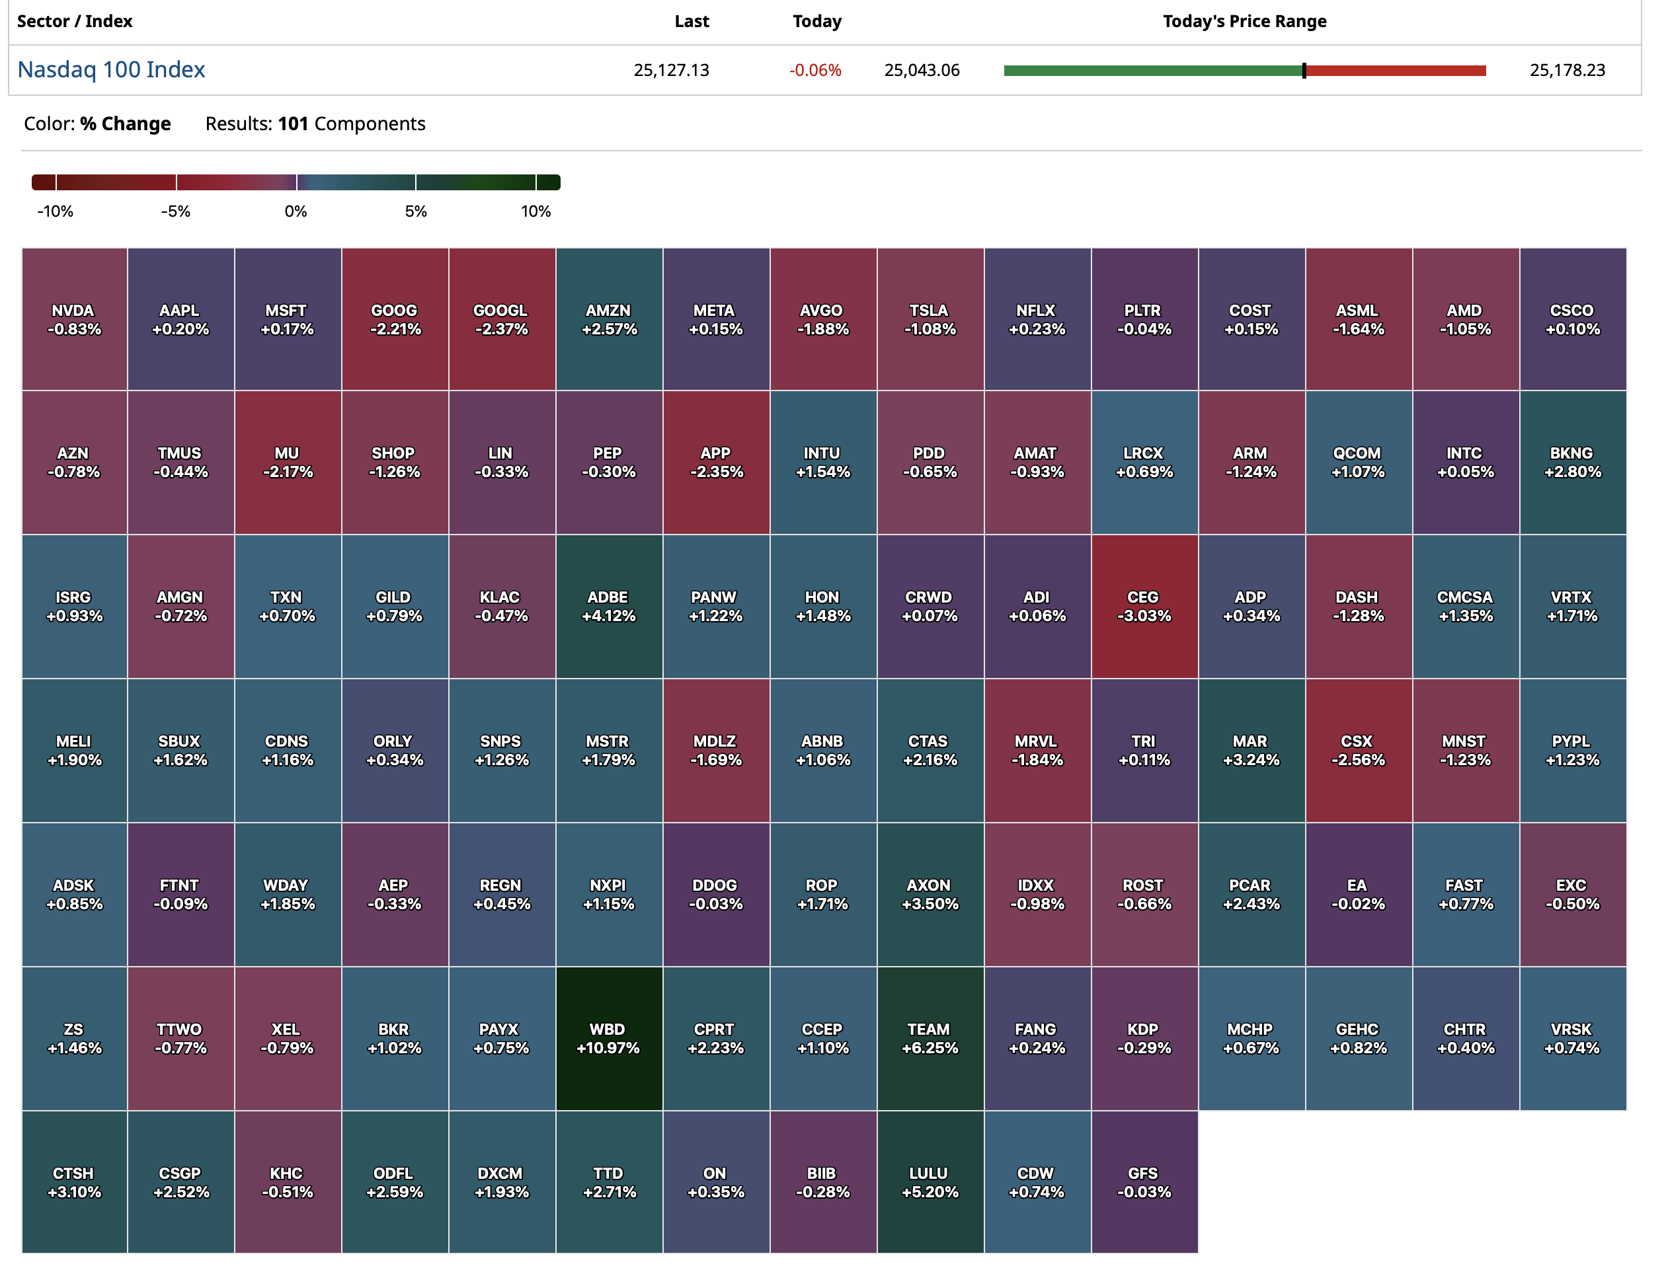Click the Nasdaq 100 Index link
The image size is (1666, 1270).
(x=111, y=69)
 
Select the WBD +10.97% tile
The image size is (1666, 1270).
(x=609, y=1038)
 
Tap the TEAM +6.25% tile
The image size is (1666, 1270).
(x=930, y=1038)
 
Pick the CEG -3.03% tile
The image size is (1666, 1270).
(x=1144, y=607)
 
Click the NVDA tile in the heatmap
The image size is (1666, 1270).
(x=74, y=319)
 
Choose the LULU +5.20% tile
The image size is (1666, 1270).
(x=930, y=1182)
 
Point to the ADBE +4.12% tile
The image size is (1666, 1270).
(x=609, y=607)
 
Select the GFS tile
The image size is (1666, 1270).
(x=1144, y=1182)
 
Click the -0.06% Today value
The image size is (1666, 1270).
(x=814, y=70)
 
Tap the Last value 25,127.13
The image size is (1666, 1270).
(x=671, y=70)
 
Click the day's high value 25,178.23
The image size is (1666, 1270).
(x=1567, y=70)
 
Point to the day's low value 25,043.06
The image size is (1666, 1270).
(x=921, y=70)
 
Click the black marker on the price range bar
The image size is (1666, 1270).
(x=1304, y=70)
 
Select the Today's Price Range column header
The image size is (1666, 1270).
(x=1244, y=21)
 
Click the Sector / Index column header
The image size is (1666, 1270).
(x=75, y=21)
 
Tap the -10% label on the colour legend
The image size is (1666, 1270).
(x=56, y=211)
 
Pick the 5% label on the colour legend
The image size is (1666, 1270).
(x=416, y=211)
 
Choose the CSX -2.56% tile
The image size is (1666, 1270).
(x=1358, y=750)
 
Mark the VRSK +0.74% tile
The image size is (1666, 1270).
(x=1572, y=1038)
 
